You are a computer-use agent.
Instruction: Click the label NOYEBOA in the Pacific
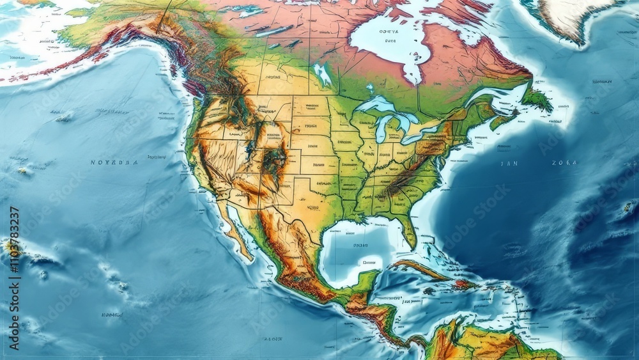114,163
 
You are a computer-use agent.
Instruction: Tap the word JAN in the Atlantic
509,163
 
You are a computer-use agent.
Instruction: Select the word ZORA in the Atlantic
564,163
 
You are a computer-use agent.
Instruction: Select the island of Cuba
422,269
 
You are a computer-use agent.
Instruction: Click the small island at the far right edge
628,207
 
